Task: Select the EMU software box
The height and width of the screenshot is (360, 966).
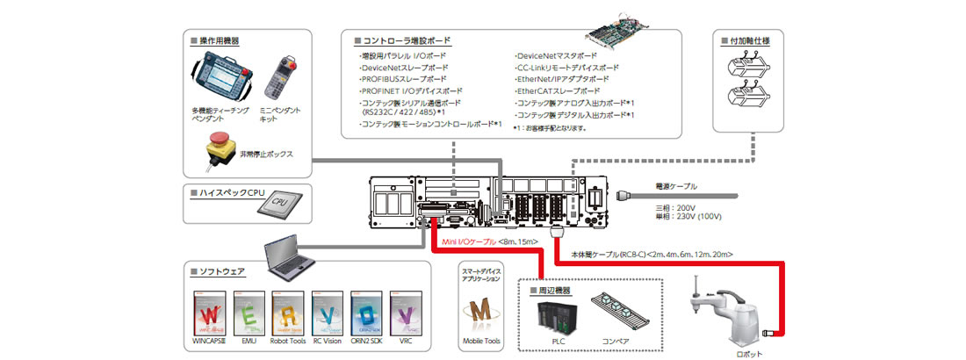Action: point(249,313)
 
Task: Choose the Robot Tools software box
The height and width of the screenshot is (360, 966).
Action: point(289,313)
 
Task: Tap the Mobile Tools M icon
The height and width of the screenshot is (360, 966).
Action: point(479,312)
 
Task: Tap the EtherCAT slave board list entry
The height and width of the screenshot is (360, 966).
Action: point(559,90)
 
